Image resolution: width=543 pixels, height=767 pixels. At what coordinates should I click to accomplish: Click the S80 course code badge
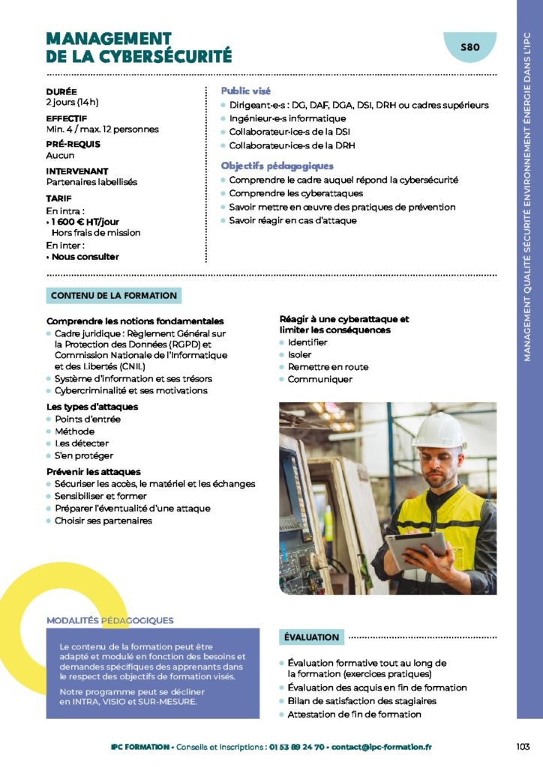(x=469, y=47)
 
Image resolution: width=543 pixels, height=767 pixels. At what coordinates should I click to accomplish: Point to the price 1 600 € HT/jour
(x=85, y=222)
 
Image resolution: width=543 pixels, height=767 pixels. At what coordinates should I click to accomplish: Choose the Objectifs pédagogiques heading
(x=277, y=166)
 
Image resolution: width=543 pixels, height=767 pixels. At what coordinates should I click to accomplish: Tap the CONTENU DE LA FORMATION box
(x=114, y=296)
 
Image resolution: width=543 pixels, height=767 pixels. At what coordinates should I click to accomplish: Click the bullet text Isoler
(x=299, y=354)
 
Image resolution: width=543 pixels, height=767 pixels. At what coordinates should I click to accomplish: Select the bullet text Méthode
(x=74, y=431)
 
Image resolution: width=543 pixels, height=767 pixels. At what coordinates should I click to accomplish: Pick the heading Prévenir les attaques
(x=93, y=471)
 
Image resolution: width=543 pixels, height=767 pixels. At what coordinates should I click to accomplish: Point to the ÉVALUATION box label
(x=311, y=637)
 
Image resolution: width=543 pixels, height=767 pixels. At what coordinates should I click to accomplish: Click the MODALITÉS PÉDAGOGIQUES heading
(x=110, y=620)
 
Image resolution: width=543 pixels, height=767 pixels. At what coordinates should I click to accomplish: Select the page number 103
(x=523, y=746)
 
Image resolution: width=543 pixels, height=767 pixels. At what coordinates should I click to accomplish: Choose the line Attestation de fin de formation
(x=354, y=714)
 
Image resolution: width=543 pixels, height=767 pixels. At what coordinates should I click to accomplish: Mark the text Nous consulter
(x=85, y=256)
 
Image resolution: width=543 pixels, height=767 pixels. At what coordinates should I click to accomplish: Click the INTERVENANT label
(x=77, y=171)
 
